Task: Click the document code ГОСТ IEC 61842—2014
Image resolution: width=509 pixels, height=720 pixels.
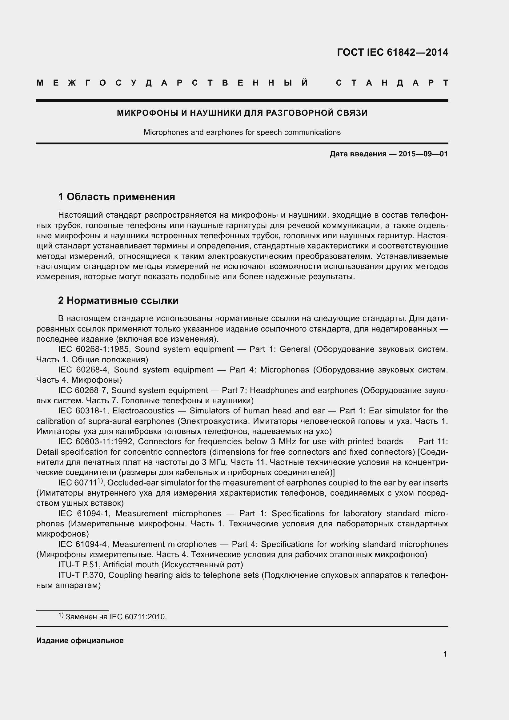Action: [x=392, y=52]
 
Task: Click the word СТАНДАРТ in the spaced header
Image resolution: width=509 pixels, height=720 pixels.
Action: [x=392, y=83]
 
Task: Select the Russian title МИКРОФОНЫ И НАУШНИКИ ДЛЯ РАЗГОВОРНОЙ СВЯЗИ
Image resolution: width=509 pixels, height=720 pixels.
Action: [x=242, y=113]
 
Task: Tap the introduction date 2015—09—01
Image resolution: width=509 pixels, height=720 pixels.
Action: [x=423, y=154]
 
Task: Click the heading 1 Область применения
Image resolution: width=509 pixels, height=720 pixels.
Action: [x=117, y=197]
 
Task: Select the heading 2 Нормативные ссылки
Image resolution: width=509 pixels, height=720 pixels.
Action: [x=118, y=300]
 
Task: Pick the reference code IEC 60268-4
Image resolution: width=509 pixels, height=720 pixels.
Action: [x=83, y=370]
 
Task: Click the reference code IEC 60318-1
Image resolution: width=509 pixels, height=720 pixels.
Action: [x=83, y=411]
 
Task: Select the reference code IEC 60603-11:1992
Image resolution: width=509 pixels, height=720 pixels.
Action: [x=96, y=441]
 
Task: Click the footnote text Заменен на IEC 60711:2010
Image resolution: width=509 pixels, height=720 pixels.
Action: [x=116, y=617]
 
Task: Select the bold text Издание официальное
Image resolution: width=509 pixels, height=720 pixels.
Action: [x=80, y=641]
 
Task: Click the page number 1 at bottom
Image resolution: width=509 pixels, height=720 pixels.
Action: [x=445, y=654]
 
